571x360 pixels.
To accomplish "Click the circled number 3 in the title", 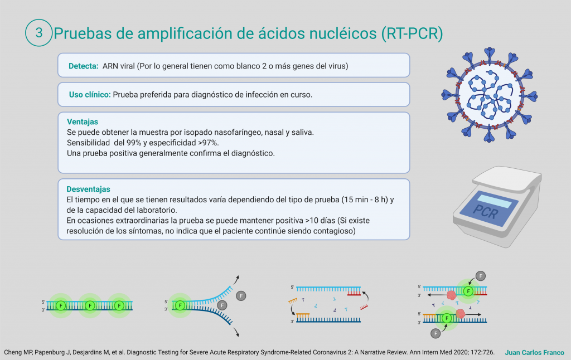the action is coord(39,33).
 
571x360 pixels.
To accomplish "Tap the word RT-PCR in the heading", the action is coord(412,33).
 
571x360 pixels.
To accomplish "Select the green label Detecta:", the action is coord(84,66).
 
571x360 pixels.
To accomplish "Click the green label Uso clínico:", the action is coord(90,95).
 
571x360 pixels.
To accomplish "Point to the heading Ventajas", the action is coord(83,121).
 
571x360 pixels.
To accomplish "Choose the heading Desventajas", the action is coord(88,189).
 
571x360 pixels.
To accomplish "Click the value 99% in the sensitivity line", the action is coord(134,143).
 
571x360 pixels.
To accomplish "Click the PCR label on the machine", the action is coord(486,211).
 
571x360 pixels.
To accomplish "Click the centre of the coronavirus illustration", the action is coord(490,95).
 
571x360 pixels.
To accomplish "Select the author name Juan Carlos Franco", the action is coord(534,352).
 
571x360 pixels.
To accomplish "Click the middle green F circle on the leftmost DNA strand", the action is coord(90,305).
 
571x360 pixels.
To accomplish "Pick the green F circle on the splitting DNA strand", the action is coord(180,305).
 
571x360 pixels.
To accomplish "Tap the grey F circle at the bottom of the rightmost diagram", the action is coord(435,333).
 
